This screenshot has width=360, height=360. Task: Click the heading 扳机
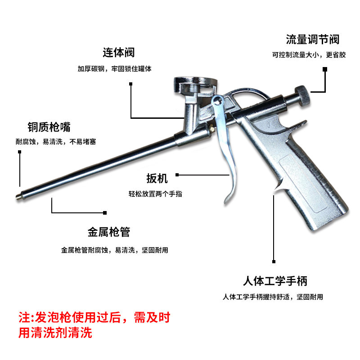[x=157, y=179]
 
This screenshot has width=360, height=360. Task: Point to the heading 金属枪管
[x=108, y=232]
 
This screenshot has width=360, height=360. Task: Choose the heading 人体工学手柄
[x=274, y=282]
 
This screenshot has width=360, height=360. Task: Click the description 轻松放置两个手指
[x=155, y=194]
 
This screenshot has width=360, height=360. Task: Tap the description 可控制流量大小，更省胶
[x=309, y=55]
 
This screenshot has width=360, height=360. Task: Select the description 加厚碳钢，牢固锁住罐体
[x=114, y=69]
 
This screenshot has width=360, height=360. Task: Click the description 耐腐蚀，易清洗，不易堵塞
[x=56, y=142]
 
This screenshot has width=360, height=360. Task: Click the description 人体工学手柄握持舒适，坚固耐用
[x=273, y=297]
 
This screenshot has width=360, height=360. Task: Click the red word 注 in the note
[x=23, y=317]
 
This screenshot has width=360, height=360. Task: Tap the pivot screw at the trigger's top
[x=218, y=101]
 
